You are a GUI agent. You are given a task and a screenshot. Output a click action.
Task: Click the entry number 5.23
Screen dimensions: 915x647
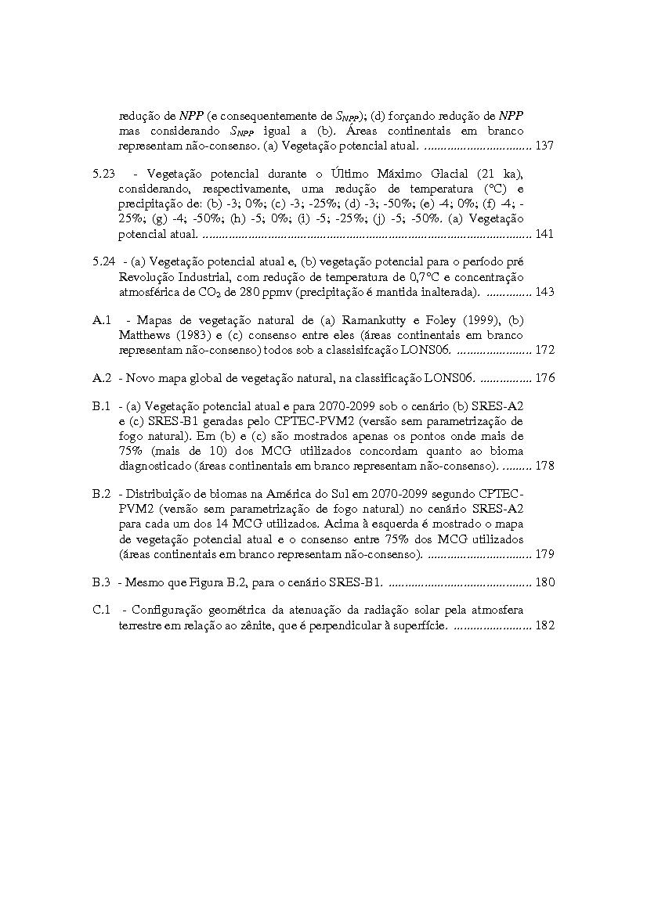pos(103,174)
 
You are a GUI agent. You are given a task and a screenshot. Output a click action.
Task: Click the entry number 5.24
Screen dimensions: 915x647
pos(103,262)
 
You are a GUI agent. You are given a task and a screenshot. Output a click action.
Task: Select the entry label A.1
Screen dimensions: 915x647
pos(101,320)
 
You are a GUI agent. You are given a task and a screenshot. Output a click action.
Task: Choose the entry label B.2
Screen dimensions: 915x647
pos(101,495)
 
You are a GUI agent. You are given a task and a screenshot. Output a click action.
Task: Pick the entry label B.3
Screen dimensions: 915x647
pos(101,583)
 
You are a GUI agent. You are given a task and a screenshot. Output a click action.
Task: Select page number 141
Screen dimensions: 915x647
pos(544,234)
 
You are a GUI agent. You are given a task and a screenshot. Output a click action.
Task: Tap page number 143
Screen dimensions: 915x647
pos(544,292)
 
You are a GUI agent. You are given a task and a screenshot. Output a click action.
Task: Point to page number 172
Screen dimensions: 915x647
pos(544,350)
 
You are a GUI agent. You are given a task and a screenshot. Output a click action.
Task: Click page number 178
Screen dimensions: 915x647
pos(544,466)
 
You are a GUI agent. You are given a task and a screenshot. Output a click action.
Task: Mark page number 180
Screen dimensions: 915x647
pos(544,583)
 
